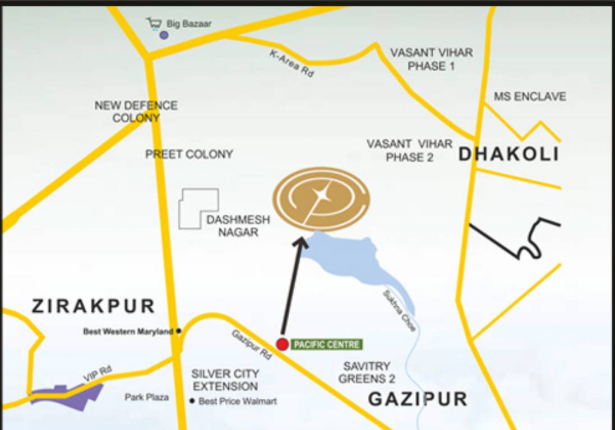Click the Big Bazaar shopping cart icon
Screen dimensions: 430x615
coord(154,24)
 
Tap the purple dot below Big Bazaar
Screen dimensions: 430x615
coord(164,35)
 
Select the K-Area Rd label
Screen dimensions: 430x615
coord(292,63)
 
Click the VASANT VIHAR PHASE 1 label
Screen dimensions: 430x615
coord(431,59)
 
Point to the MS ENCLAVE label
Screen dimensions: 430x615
coord(529,97)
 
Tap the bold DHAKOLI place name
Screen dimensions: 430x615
coord(508,155)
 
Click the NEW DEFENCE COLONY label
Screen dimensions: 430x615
coord(136,111)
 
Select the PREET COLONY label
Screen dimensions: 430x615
coord(189,155)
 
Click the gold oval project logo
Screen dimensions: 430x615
coord(321,199)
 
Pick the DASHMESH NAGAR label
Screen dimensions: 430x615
coord(238,226)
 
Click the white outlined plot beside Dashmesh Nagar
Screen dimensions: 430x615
coord(197,208)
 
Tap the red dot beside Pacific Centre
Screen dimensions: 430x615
coord(283,344)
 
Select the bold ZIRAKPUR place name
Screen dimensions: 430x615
coord(93,306)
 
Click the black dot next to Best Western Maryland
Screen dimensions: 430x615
coord(179,331)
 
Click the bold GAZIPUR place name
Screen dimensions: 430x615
coord(418,399)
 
